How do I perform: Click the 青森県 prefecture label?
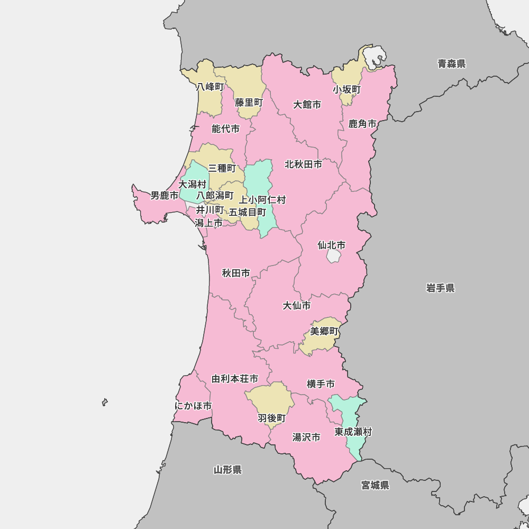click(451, 64)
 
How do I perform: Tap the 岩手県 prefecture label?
click(440, 288)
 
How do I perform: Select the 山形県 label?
click(227, 470)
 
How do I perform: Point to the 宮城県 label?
click(375, 485)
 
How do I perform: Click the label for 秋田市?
click(236, 273)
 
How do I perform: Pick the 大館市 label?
click(307, 105)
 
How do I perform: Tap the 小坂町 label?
click(346, 90)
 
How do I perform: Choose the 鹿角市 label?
click(362, 124)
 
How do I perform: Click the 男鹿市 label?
click(165, 196)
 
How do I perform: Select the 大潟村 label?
click(192, 185)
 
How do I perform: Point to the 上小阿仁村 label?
click(262, 200)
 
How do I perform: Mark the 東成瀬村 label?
click(353, 432)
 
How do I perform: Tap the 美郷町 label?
click(324, 331)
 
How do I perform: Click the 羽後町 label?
click(271, 418)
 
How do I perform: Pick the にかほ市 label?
click(193, 406)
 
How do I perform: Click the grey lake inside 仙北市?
click(334, 257)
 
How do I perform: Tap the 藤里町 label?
click(249, 103)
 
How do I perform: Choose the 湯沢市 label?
click(306, 437)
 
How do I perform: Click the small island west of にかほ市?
click(105, 403)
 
